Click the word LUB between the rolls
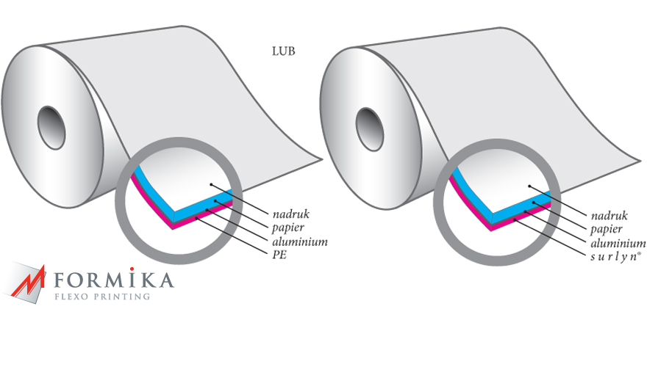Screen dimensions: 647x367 coord(284,51)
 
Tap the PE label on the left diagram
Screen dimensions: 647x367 coord(279,255)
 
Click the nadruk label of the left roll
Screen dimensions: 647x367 coord(291,214)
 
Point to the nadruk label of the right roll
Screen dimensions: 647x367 coord(610,216)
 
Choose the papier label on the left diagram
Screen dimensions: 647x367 coord(288,228)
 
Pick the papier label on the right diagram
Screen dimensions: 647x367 coord(606,230)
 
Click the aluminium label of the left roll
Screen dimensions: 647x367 coord(300,241)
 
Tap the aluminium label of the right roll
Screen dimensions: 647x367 coord(618,243)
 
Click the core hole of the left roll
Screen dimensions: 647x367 coord(51,127)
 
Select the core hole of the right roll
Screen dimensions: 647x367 coord(370,129)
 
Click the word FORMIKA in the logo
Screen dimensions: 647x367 coord(114,280)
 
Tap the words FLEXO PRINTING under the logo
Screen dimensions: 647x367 coord(102,297)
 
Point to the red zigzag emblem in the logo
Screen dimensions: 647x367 coord(28,281)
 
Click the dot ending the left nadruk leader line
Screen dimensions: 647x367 coord(211,184)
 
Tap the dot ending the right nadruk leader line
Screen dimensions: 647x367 coord(530,186)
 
